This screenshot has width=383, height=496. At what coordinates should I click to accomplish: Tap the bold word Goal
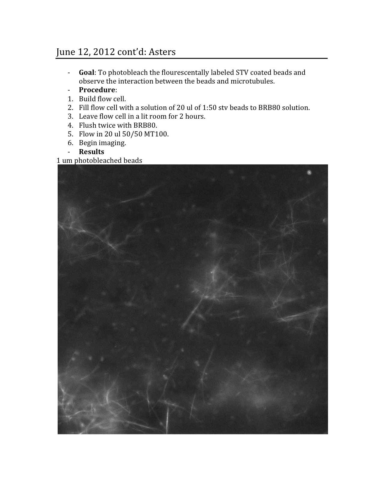[87, 72]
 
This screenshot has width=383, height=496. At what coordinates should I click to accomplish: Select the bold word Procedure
[97, 90]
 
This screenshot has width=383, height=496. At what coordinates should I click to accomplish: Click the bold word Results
[91, 152]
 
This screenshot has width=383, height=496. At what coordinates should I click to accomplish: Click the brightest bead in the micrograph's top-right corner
[309, 172]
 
